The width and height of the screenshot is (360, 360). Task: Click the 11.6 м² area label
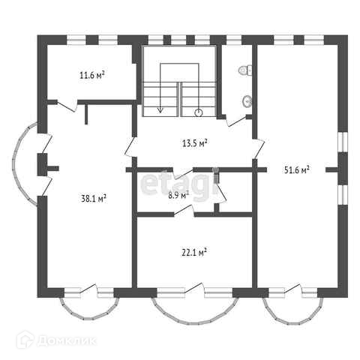[x=92, y=75]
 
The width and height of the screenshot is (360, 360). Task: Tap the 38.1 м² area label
[x=94, y=199]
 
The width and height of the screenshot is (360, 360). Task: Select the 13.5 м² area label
[x=195, y=143]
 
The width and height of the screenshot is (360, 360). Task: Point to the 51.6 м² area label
[x=297, y=170]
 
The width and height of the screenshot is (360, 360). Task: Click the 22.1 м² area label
[x=194, y=253]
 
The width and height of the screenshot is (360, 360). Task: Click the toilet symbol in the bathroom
[x=245, y=70]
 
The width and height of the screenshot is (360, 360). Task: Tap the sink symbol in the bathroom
[x=247, y=101]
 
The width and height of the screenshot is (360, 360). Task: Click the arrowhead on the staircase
[x=160, y=110]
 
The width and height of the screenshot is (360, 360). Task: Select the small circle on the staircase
[x=199, y=113]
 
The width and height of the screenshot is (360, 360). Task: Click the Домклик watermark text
[x=67, y=341]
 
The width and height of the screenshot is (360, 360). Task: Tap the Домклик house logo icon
[x=25, y=340]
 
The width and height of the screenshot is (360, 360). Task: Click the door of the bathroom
[x=236, y=121]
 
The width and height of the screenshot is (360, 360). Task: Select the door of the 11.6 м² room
[x=67, y=106]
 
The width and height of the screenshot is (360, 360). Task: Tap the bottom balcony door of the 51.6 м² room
[x=293, y=289]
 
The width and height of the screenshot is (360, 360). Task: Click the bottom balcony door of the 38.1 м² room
[x=88, y=289]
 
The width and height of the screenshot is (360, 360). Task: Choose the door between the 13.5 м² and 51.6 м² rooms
[x=259, y=148]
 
